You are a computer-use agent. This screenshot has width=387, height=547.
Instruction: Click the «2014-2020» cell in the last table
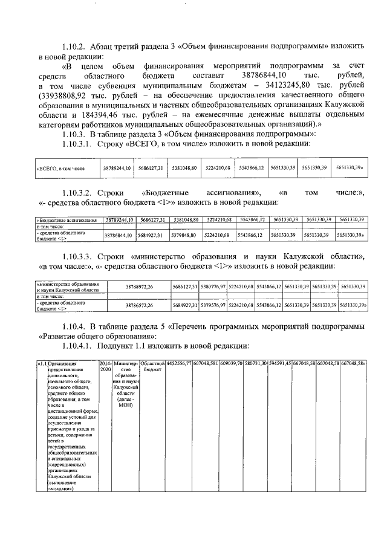[105, 367]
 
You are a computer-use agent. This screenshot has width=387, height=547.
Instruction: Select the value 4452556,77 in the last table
[179, 363]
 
